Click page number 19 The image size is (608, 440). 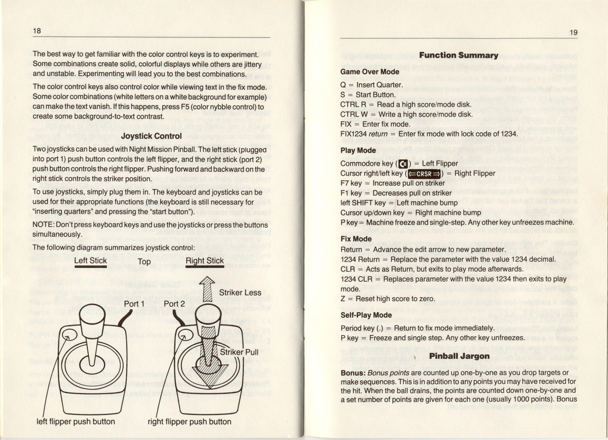pos(573,32)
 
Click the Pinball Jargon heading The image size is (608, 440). pos(459,356)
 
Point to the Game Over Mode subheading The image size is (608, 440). pos(370,72)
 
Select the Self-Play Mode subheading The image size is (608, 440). pos(366,315)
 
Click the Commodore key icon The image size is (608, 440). pos(403,164)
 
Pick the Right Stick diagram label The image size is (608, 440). pos(205,260)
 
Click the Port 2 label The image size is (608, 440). pos(174,304)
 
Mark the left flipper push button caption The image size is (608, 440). pos(76,421)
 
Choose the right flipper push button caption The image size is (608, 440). pos(189,421)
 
